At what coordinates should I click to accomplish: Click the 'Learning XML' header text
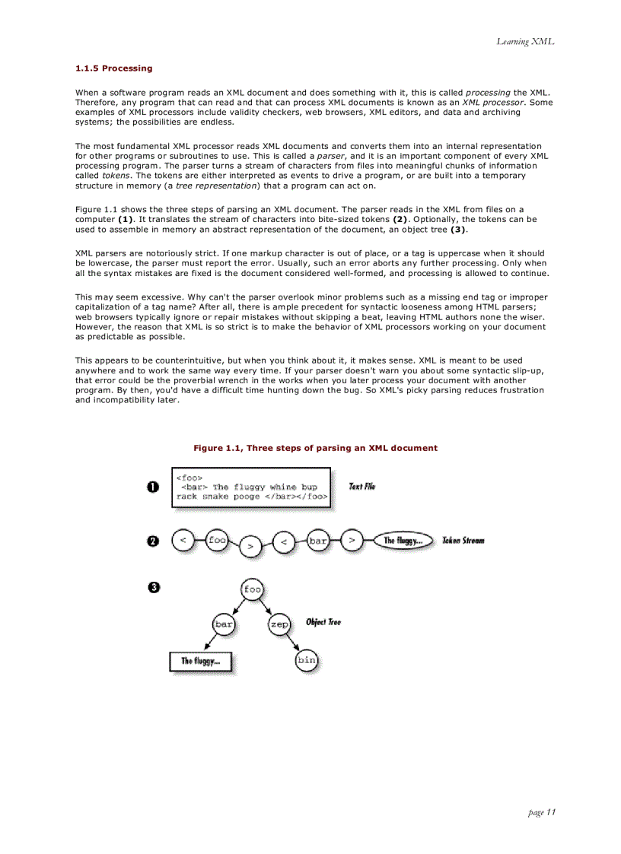tap(525, 41)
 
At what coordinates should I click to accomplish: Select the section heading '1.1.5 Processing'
tap(113, 68)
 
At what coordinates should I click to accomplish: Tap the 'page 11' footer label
tap(541, 812)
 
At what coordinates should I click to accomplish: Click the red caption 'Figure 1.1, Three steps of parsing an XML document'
tap(315, 448)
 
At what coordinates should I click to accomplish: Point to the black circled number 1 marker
tap(153, 487)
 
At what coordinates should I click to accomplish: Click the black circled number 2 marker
tap(153, 541)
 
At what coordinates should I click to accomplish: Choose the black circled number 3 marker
tap(153, 587)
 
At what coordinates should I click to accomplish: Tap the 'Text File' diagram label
tap(361, 487)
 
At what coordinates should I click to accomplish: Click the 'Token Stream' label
tap(463, 541)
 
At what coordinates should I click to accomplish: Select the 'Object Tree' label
tap(323, 622)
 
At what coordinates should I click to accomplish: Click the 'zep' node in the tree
tap(279, 624)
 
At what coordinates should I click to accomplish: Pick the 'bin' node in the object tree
tap(306, 660)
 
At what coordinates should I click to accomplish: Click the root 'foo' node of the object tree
tap(252, 589)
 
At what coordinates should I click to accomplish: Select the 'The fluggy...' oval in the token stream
tap(404, 541)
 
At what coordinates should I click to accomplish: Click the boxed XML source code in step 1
tap(252, 487)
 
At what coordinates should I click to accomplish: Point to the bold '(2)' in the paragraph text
tap(403, 219)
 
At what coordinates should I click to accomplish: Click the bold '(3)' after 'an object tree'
tap(457, 229)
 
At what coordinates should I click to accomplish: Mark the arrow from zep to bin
tap(291, 643)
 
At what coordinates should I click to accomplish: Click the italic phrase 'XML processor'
tap(492, 102)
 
